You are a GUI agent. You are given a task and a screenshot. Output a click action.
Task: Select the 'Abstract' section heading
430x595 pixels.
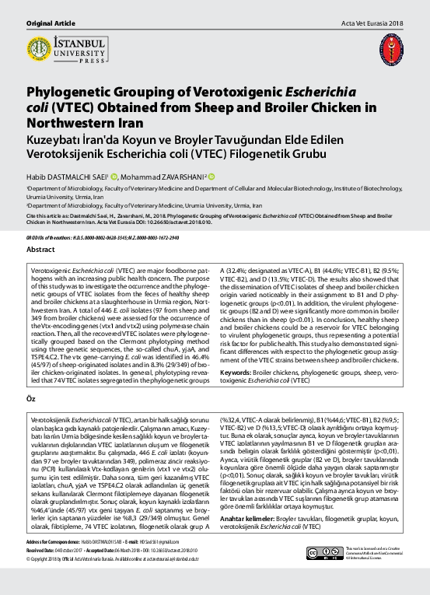(x=41, y=250)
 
